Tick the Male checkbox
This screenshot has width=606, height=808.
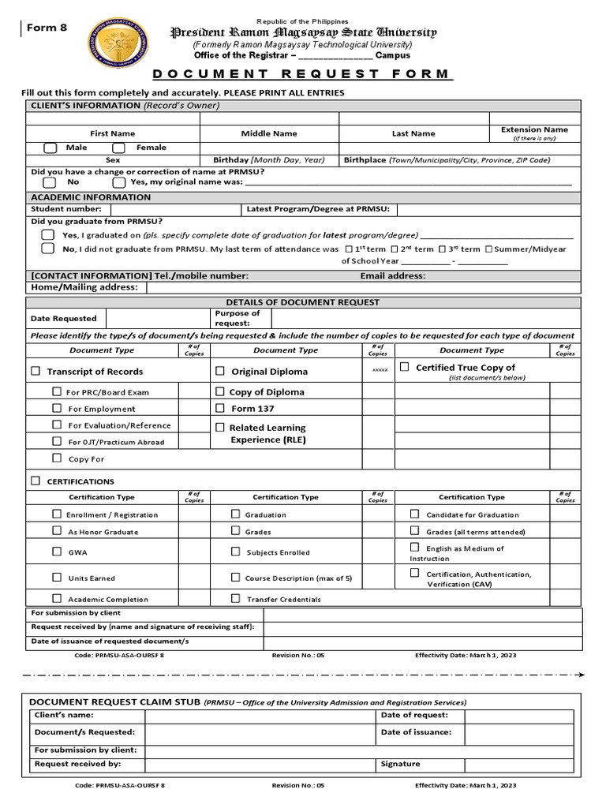click(x=50, y=148)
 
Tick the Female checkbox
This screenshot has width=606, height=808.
click(x=118, y=148)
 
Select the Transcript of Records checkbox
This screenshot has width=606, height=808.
click(x=36, y=371)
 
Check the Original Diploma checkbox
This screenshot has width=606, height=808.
click(x=220, y=371)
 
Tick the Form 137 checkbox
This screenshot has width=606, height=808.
click(x=220, y=408)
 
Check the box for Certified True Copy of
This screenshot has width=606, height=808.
click(x=405, y=367)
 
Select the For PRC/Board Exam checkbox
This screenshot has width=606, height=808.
click(x=57, y=391)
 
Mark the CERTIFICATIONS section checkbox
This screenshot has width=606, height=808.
click(x=36, y=481)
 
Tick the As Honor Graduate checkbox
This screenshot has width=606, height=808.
click(x=57, y=531)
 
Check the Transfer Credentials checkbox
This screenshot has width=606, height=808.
click(x=235, y=598)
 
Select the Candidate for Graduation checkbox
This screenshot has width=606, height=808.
click(x=414, y=514)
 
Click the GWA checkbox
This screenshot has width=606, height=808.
click(x=57, y=552)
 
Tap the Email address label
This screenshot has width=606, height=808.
click(x=393, y=276)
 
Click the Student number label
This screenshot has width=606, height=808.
click(x=66, y=209)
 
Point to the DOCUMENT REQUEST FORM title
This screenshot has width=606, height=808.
click(x=302, y=74)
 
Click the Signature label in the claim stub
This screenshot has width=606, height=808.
click(x=400, y=764)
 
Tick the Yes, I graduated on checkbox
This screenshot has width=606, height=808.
click(x=49, y=234)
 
